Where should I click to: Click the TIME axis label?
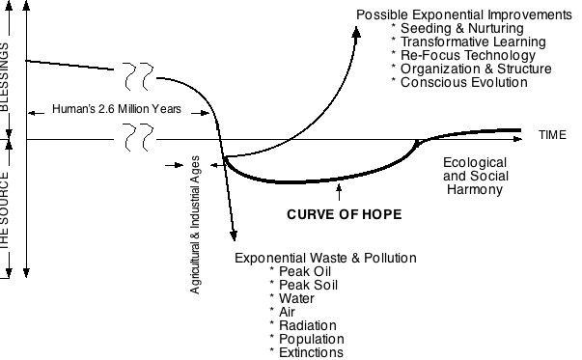pos(553,135)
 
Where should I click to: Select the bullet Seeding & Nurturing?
pos(450,29)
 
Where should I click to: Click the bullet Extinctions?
pos(309,352)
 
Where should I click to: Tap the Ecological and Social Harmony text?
pos(474,177)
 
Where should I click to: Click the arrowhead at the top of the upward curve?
pos(356,32)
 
